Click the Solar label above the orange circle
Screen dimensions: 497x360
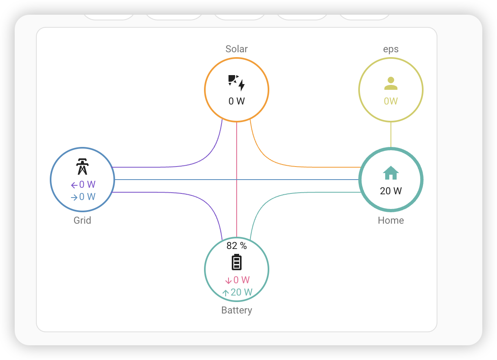237,49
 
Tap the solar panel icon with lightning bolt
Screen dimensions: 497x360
237,83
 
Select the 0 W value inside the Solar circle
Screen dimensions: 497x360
237,101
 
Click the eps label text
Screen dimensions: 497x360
391,49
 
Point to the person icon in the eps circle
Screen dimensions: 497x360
391,83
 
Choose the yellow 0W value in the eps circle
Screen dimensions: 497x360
391,101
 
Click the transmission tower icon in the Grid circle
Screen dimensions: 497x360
82,167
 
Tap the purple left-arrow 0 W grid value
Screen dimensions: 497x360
83,184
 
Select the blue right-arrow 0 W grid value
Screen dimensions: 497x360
83,197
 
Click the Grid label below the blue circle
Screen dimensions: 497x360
82,220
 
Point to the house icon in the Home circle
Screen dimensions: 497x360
391,173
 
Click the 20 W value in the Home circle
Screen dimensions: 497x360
391,191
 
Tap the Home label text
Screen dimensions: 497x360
391,220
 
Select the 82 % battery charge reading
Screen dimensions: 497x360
237,246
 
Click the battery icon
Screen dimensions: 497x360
237,262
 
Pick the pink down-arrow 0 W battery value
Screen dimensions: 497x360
237,280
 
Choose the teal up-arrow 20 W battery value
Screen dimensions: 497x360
237,292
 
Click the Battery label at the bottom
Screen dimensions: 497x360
237,310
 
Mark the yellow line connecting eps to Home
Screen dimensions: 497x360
391,135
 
